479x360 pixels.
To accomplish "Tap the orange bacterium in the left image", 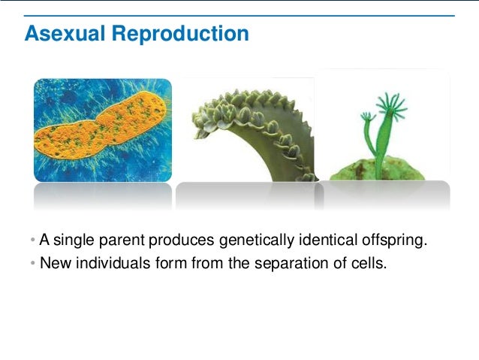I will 101,132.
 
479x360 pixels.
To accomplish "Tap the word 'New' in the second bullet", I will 53,263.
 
